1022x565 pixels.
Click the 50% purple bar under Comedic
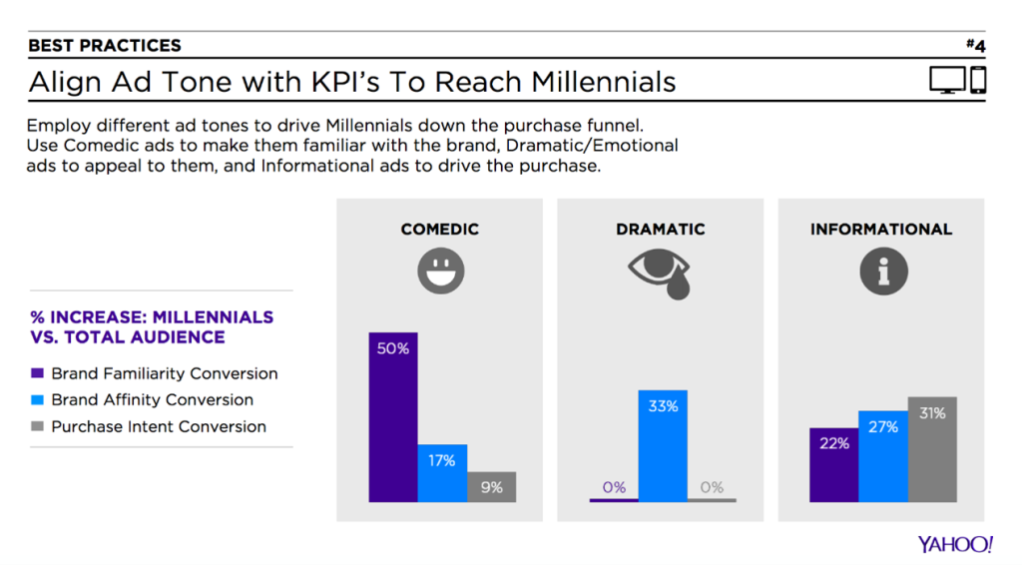click(393, 417)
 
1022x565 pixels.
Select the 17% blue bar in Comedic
click(442, 473)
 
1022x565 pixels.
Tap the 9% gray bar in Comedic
click(491, 487)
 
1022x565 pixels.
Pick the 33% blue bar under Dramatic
click(663, 446)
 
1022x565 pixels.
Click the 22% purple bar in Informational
click(833, 464)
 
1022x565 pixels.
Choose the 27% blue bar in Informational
click(883, 456)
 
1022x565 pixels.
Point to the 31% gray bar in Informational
click(932, 449)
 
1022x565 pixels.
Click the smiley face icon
click(441, 271)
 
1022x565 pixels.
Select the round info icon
click(884, 272)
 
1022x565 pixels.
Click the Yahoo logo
click(955, 544)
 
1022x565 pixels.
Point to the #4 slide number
click(976, 45)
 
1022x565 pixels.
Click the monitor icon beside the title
click(948, 81)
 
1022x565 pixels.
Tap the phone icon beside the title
click(978, 80)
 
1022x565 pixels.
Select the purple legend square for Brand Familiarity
click(37, 373)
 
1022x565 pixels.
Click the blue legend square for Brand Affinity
click(37, 399)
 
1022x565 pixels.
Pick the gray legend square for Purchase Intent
click(37, 426)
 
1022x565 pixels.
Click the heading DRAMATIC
click(661, 230)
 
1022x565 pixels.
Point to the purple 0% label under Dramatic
click(614, 487)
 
